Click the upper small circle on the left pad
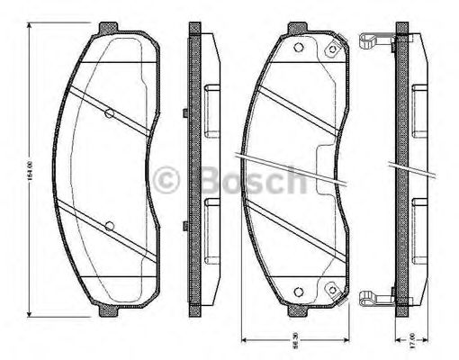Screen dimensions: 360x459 [109, 113]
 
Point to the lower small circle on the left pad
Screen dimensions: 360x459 [109, 225]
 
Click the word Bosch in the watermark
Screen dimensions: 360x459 [254, 180]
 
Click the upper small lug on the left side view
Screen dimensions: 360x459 [184, 113]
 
